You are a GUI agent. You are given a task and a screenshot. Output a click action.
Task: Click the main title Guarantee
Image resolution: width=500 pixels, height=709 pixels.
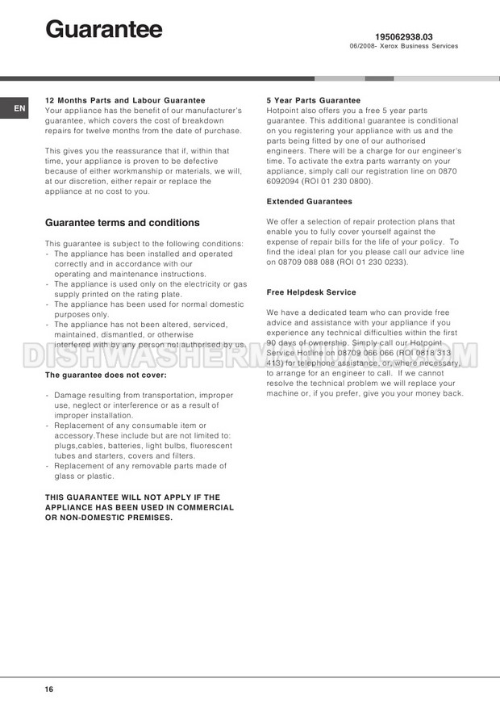tap(104, 30)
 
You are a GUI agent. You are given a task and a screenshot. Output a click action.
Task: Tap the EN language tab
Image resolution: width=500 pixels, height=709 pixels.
tap(19, 107)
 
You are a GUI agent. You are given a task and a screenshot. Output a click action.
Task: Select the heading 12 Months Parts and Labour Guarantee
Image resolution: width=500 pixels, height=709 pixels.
tap(125, 100)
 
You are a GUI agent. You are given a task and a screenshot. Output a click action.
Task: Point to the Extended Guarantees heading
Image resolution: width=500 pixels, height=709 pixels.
tap(309, 201)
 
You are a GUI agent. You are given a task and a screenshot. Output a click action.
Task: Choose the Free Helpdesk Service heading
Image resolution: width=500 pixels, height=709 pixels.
tap(310, 292)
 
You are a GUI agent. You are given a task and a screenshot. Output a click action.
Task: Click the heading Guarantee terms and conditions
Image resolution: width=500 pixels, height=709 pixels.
tap(123, 223)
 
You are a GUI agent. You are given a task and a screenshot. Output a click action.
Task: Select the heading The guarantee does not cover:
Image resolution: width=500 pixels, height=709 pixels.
tap(106, 375)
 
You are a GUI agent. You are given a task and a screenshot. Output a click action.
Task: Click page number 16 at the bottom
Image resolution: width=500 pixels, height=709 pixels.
tap(49, 689)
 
